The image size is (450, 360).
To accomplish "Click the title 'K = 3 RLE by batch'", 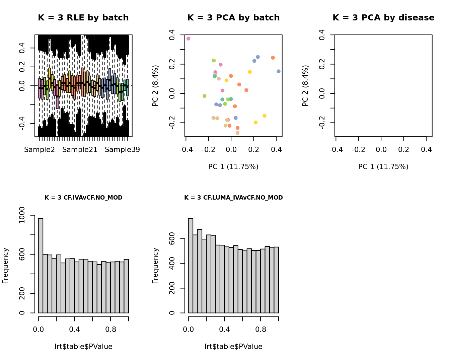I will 83,18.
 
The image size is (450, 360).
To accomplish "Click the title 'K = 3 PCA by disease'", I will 383,18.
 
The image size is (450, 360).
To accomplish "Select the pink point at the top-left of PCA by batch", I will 189,39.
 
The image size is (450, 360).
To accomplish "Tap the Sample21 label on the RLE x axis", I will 80,150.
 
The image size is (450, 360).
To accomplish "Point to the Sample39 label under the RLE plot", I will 122,150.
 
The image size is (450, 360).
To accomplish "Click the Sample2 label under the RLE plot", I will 40,150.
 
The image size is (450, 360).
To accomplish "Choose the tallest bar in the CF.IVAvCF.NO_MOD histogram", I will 41,266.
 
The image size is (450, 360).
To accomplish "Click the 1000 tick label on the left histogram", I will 22,215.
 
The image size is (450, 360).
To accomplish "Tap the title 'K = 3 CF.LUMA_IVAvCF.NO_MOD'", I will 233,198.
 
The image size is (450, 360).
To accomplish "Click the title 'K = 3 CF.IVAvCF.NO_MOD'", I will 83,198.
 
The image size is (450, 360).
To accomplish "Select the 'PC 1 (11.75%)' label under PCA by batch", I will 233,167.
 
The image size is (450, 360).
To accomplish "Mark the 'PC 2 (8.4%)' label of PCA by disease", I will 305,86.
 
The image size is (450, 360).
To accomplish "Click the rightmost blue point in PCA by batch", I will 279,71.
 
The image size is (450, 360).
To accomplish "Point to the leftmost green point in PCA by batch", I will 205,96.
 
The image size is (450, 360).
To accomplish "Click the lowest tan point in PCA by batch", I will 238,133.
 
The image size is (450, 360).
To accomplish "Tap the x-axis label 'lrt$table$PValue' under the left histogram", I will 83,347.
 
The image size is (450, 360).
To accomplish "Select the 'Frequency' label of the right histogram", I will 155,266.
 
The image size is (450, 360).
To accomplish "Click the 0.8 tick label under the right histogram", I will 260,330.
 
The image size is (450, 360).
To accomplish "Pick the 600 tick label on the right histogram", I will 172,239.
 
